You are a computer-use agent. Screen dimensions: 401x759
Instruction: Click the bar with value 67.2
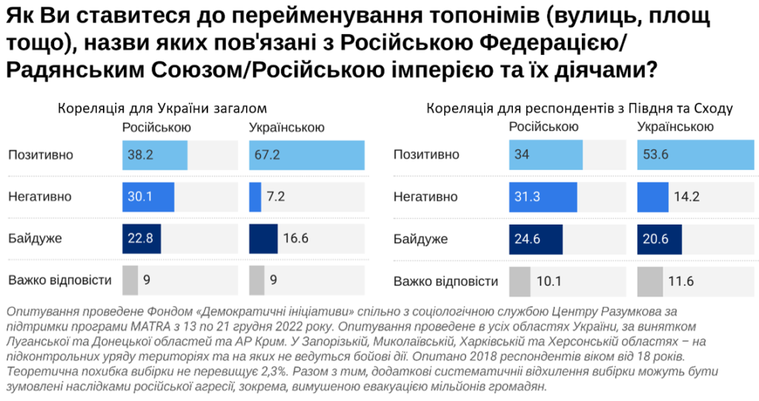coord(306,155)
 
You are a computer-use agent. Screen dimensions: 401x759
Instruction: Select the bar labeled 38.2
coord(155,155)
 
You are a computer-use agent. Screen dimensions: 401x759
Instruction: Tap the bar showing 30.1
coord(148,197)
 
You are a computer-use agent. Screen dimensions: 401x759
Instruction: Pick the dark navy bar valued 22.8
coord(142,239)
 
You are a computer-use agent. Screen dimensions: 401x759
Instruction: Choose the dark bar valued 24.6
coord(536,239)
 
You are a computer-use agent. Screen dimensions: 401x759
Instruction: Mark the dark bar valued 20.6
coord(660,239)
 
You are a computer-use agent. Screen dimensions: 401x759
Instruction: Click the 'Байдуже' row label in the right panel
coord(420,239)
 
